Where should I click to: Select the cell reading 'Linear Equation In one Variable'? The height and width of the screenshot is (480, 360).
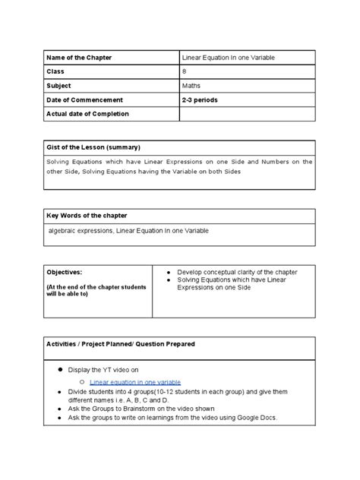[229, 57]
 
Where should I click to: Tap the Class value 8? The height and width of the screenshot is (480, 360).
[185, 71]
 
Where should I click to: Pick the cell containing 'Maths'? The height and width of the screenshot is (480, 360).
[192, 86]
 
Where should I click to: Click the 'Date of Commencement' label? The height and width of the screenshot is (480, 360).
[85, 99]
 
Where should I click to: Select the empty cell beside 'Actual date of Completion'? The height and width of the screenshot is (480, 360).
[246, 114]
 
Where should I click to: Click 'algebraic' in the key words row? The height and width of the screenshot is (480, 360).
[65, 230]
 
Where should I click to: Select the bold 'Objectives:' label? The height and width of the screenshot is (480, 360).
[65, 272]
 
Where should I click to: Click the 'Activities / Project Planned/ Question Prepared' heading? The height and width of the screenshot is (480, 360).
[121, 344]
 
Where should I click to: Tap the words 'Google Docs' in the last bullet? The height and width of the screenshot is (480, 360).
[256, 418]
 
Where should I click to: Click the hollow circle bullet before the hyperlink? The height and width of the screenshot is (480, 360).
[82, 381]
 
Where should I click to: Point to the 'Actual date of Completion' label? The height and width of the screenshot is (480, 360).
[88, 114]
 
